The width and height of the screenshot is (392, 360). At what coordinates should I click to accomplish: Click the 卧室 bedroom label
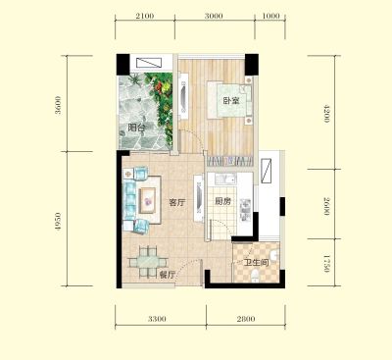[231, 100]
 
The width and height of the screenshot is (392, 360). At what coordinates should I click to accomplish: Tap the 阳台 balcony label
[136, 128]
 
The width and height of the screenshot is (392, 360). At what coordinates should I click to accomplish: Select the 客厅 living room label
[177, 202]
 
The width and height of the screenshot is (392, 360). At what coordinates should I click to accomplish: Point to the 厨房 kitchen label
[222, 201]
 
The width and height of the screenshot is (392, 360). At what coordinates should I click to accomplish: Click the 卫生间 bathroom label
[256, 262]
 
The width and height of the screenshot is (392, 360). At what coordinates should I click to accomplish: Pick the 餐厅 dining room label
[168, 275]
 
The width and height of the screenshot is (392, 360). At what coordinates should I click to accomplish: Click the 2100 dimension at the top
[144, 16]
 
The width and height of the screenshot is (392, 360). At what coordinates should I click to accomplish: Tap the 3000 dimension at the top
[214, 16]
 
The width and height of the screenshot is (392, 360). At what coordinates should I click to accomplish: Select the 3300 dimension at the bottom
[157, 319]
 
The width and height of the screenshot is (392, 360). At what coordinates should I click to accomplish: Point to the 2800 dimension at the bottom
[246, 319]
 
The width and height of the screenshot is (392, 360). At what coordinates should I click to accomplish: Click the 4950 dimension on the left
[58, 223]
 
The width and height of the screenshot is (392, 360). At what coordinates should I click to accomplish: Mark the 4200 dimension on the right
[326, 113]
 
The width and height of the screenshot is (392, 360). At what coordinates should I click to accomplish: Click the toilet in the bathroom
[255, 276]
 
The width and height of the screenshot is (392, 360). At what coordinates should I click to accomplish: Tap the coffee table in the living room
[149, 201]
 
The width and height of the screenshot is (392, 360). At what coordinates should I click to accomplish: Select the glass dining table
[148, 262]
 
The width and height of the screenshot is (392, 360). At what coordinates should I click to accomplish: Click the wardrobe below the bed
[230, 161]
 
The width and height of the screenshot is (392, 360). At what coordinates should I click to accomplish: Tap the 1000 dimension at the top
[270, 16]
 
